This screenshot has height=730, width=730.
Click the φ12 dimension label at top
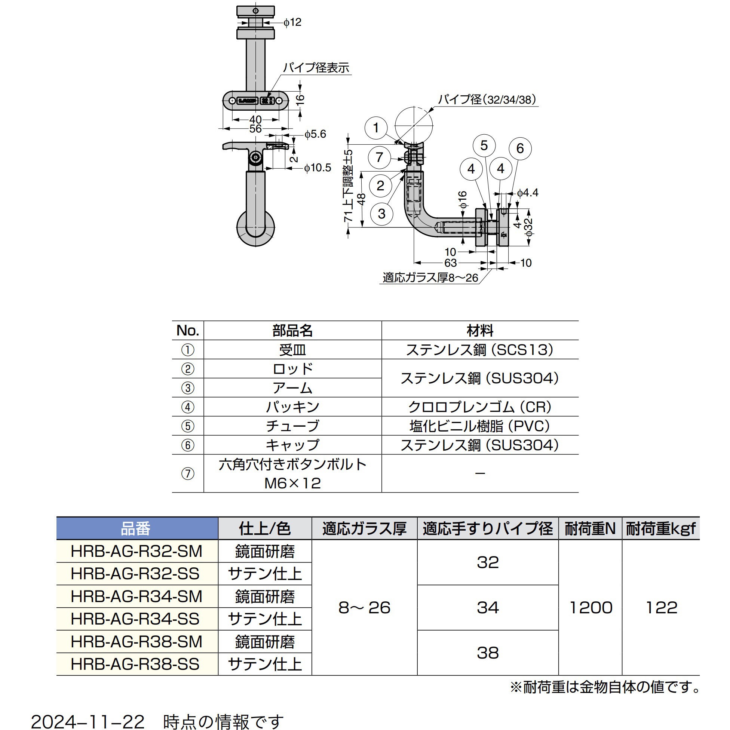(293, 22)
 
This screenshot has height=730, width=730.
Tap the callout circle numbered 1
(376, 128)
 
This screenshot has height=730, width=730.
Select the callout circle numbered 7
(380, 157)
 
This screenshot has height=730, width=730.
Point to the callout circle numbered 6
(520, 148)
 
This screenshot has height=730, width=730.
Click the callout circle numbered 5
(484, 145)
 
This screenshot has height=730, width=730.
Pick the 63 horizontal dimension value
(450, 263)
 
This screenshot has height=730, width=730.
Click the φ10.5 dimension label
(318, 168)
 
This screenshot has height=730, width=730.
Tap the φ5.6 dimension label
(315, 134)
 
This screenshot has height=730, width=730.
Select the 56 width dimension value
(255, 129)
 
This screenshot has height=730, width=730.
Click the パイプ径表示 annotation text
(316, 68)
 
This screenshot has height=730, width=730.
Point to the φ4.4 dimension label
(527, 193)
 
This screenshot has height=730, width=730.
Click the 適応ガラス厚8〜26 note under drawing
(430, 278)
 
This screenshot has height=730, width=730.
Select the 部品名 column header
(292, 331)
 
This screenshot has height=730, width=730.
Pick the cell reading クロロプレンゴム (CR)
(479, 407)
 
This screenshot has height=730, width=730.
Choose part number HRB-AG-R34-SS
(135, 619)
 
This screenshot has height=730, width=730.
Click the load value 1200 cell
(590, 608)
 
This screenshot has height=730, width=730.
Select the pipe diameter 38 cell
(487, 653)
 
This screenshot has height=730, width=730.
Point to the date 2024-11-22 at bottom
(88, 722)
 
